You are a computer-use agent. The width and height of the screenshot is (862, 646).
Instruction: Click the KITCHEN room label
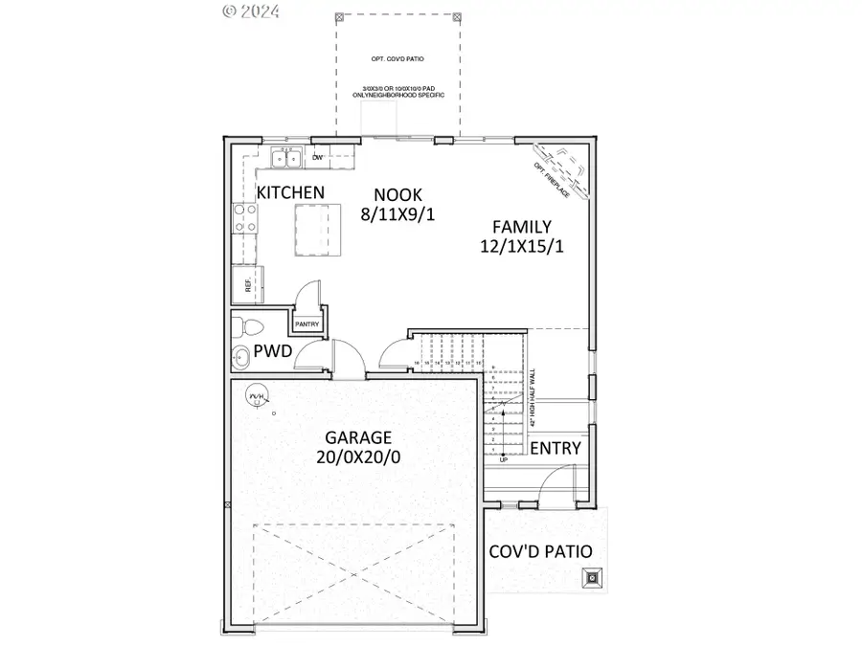coord(290,192)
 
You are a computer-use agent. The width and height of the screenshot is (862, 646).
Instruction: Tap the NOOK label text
coord(398,192)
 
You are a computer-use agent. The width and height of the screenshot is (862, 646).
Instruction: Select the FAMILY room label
coord(521,227)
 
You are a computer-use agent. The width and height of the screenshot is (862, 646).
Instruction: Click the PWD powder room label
coord(272,351)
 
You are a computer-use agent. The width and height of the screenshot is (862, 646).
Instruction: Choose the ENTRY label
coord(555,448)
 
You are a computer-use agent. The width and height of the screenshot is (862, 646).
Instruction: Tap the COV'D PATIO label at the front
coord(540,551)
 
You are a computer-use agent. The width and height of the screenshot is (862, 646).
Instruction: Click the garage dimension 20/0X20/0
coord(357,457)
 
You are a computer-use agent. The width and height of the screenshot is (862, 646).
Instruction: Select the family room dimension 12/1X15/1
coord(521,247)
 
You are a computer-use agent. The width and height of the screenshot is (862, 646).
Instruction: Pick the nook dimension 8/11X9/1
coord(398,214)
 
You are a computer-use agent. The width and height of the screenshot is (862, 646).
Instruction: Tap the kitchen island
coord(317,230)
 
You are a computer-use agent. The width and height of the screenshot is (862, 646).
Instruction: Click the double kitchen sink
coord(285,159)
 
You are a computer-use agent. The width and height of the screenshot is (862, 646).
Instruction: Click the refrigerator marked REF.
coord(245,283)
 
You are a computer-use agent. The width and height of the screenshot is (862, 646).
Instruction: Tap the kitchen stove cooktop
coord(242,219)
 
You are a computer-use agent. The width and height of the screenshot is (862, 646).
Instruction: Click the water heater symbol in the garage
coord(256,397)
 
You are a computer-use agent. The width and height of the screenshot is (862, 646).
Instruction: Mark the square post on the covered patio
coord(593,576)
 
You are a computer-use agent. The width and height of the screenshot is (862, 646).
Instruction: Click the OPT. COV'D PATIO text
coord(397,59)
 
